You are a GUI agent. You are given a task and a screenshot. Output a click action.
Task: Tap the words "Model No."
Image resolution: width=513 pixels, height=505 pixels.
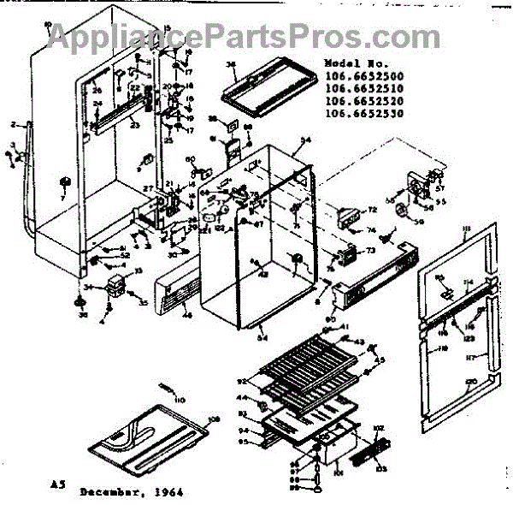pyautogui.click(x=352, y=64)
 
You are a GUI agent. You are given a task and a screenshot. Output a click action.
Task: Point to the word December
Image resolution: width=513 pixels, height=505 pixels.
pyautogui.click(x=112, y=493)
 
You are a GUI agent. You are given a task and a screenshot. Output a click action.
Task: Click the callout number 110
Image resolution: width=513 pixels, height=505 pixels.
pyautogui.click(x=180, y=401)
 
